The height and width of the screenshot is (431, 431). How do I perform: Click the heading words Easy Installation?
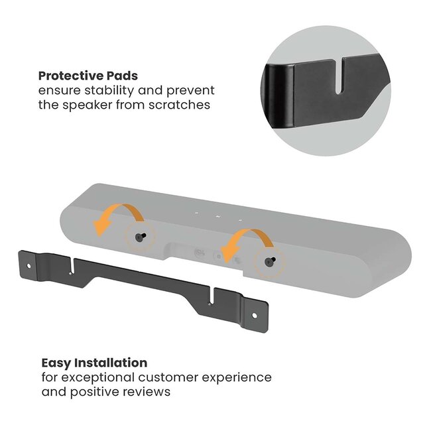pyautogui.click(x=94, y=363)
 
